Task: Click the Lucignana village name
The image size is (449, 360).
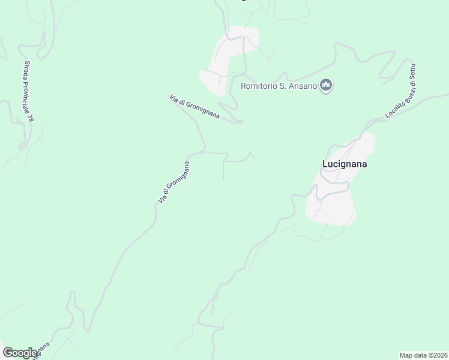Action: click(x=345, y=163)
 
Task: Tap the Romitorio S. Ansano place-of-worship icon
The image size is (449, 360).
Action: click(x=327, y=86)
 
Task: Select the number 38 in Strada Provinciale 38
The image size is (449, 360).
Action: click(x=31, y=117)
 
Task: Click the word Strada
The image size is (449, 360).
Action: click(x=26, y=69)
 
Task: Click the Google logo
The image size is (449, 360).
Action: click(x=20, y=353)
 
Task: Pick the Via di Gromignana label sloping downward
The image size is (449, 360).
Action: click(x=194, y=106)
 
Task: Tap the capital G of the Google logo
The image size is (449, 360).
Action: click(x=8, y=353)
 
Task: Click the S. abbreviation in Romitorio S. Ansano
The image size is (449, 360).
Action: click(x=285, y=86)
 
